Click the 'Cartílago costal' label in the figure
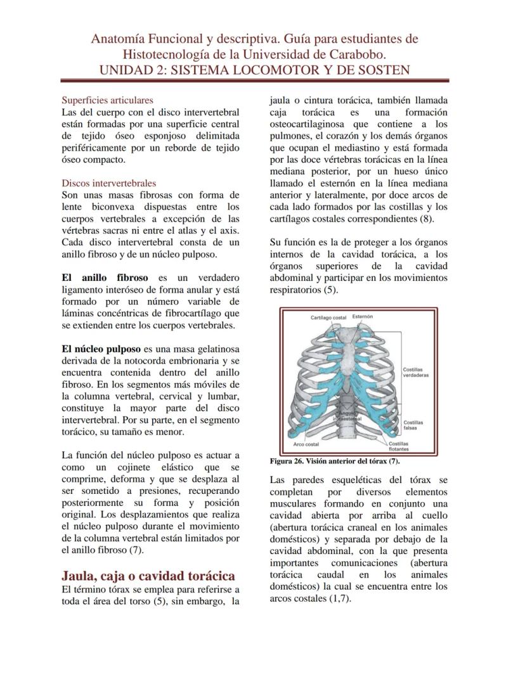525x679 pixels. (328, 316)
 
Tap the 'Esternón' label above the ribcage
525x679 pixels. (363, 316)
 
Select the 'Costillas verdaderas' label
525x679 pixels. (415, 372)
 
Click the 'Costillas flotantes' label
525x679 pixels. (399, 446)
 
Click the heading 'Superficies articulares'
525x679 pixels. (107, 100)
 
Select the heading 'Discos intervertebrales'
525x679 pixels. (108, 183)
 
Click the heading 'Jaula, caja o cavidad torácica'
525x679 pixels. (148, 576)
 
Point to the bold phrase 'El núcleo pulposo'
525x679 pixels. (101, 349)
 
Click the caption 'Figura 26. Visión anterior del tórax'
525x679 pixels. (334, 461)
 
